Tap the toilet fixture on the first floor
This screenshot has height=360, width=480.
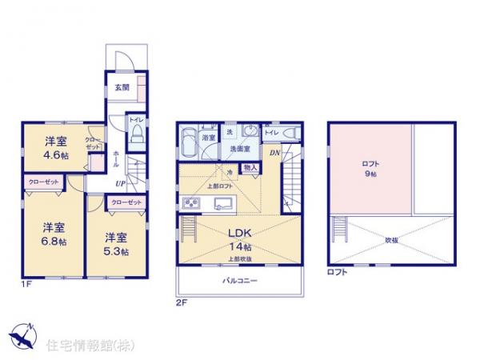point(137,132)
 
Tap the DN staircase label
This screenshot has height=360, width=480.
point(274,153)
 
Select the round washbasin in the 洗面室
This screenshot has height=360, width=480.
point(250,134)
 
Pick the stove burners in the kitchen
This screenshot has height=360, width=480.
point(192,203)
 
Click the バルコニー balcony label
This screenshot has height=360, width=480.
point(238,281)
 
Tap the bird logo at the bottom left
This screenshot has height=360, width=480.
point(22,336)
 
